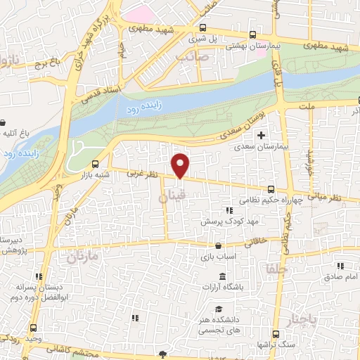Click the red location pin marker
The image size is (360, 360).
click(181, 165)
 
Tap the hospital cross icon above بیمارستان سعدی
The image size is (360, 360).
click(262, 135)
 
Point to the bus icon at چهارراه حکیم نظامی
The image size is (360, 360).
click(271, 188)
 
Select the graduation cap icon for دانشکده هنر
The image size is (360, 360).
click(219, 309)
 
